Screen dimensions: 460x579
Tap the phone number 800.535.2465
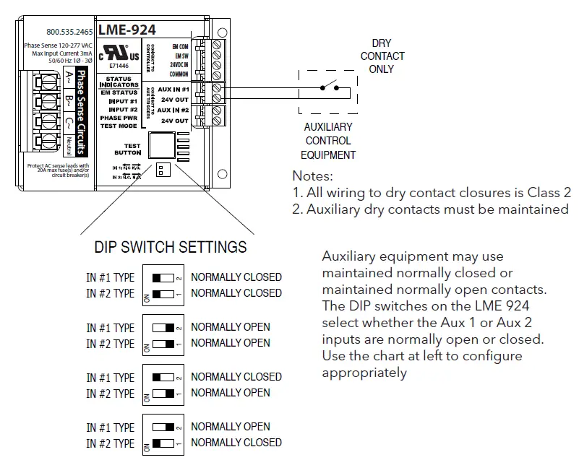[70, 32]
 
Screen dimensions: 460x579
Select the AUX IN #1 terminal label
[173, 89]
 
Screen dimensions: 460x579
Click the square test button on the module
[160, 145]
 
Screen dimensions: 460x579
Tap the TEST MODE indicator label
[119, 126]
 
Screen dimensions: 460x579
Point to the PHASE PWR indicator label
[119, 118]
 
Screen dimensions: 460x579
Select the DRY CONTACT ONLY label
[382, 56]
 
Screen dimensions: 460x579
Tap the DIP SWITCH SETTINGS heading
[171, 247]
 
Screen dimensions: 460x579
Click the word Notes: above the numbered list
[312, 176]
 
